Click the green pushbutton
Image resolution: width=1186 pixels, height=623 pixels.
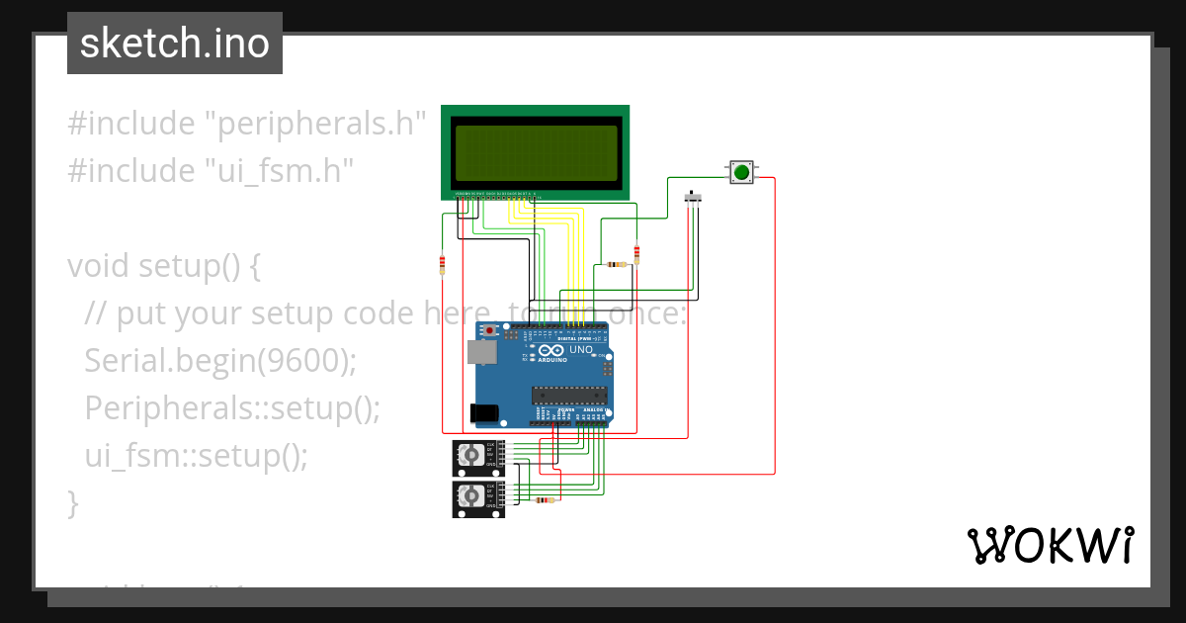pos(741,172)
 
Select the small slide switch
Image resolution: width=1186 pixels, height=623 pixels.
pos(695,199)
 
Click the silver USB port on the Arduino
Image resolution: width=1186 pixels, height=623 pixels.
pos(481,352)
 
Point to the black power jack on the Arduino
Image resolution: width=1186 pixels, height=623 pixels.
pos(483,412)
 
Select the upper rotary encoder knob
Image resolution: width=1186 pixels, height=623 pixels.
pos(471,455)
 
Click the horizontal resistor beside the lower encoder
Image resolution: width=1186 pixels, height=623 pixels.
pos(544,500)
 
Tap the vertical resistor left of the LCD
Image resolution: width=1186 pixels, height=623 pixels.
pos(442,264)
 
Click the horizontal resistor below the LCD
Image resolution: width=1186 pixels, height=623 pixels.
pos(618,264)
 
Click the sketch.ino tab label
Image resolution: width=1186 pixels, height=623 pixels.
pos(175,44)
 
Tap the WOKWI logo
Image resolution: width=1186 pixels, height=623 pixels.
pos(1050,545)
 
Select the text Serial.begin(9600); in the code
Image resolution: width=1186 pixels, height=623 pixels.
pos(220,361)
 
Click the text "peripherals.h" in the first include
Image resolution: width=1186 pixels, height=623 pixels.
pos(314,124)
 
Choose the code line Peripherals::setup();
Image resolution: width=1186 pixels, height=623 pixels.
pos(232,408)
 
